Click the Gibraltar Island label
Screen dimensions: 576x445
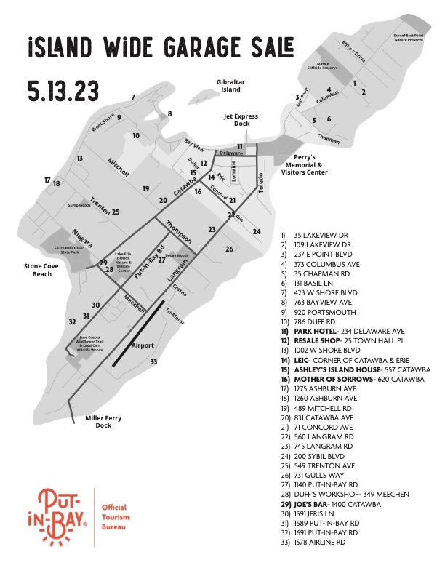pyautogui.click(x=225, y=86)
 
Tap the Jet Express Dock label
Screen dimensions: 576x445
pyautogui.click(x=241, y=120)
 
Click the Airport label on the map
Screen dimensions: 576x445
pyautogui.click(x=143, y=346)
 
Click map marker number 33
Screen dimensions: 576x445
pyautogui.click(x=153, y=361)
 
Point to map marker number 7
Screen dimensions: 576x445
pyautogui.click(x=133, y=97)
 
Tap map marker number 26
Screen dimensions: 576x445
pyautogui.click(x=229, y=249)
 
